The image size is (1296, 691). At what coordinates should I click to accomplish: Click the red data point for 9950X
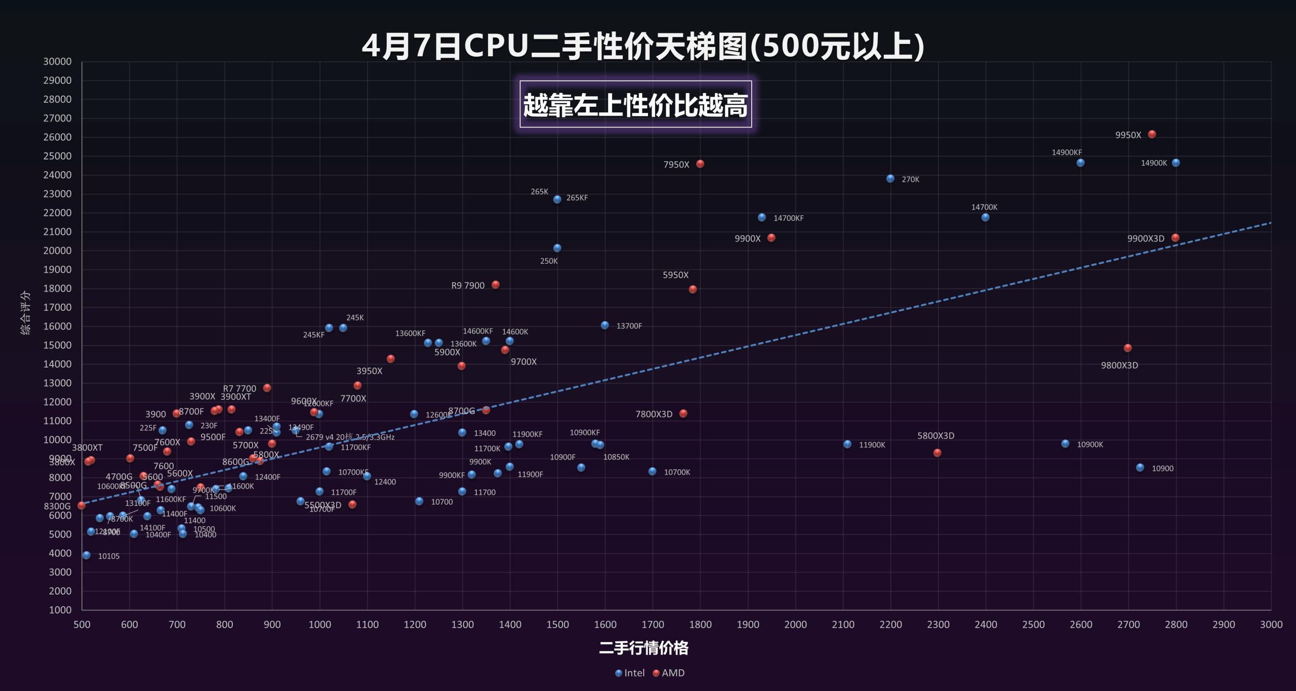click(x=1152, y=134)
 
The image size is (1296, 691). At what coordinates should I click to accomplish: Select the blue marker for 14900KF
click(x=1080, y=162)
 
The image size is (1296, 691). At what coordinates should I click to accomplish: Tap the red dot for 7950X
click(x=700, y=164)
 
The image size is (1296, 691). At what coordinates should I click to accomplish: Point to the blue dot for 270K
click(x=890, y=179)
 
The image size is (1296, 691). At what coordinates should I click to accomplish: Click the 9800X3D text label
click(x=1119, y=365)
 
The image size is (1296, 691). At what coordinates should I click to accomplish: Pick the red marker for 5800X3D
click(x=938, y=453)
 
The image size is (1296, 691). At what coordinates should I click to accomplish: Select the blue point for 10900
click(x=1140, y=468)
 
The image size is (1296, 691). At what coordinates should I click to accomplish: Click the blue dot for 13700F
click(x=605, y=325)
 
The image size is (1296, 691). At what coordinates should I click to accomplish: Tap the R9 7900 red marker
click(x=496, y=284)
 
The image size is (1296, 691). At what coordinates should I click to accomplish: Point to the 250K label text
click(x=549, y=261)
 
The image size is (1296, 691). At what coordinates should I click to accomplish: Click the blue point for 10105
click(x=87, y=555)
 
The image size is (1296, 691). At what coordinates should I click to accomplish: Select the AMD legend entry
click(x=669, y=673)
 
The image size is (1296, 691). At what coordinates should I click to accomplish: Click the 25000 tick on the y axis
click(x=57, y=156)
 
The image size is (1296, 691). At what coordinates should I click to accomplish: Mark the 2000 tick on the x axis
click(x=795, y=624)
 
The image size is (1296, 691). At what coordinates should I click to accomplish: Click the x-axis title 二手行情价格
click(x=643, y=648)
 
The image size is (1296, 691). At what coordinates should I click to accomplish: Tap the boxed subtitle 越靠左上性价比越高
click(x=635, y=105)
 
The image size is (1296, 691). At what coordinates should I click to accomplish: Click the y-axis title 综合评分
click(x=25, y=312)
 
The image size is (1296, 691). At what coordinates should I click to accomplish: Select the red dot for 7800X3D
click(x=683, y=414)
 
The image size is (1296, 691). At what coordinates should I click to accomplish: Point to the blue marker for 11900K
click(x=847, y=444)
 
